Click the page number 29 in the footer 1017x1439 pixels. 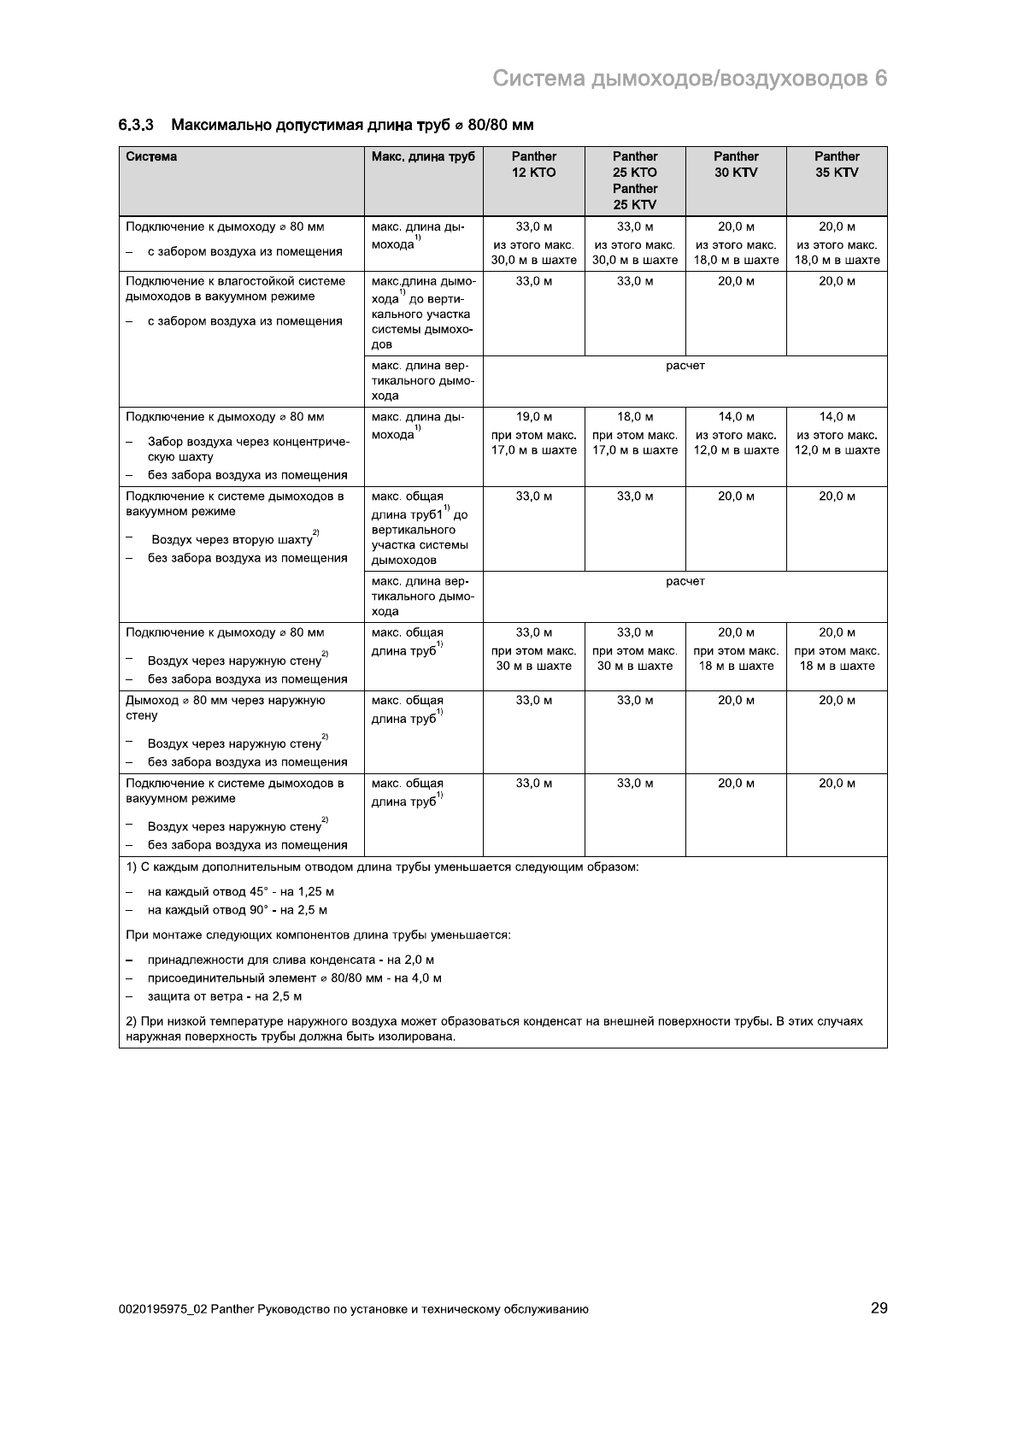(879, 1308)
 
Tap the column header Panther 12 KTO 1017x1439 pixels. (534, 164)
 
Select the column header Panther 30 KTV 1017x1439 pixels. (736, 164)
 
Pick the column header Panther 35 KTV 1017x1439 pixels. (837, 164)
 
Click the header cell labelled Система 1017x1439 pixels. (152, 156)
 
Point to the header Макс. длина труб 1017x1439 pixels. (423, 156)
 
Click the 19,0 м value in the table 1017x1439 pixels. (534, 417)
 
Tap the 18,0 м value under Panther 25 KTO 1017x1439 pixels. (635, 417)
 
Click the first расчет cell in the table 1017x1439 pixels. (685, 366)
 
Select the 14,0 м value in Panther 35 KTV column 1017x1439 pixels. (837, 417)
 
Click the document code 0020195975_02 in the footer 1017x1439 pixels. (163, 1309)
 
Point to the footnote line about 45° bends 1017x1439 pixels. (240, 891)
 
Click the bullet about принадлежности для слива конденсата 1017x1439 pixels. (291, 960)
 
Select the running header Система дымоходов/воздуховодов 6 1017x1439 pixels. (691, 79)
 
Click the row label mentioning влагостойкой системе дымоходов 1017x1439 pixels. (235, 289)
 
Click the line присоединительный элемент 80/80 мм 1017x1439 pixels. (294, 978)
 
